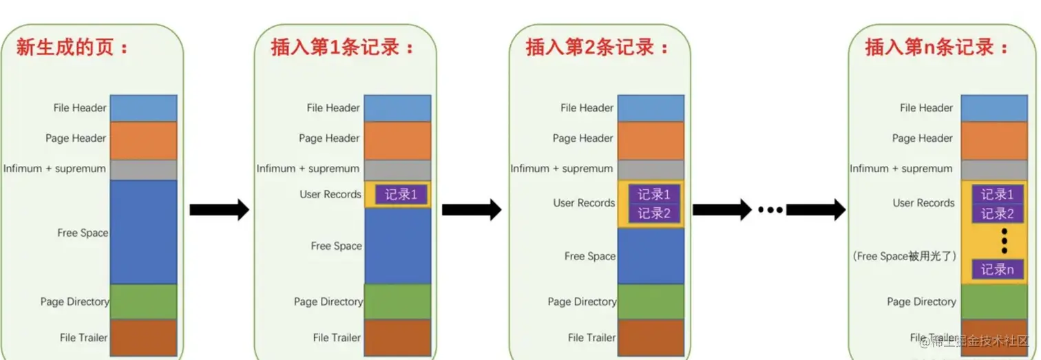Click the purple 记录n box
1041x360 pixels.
(x=998, y=269)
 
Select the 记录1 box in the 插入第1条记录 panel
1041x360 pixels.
(x=401, y=195)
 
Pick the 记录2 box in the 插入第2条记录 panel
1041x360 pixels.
(x=653, y=213)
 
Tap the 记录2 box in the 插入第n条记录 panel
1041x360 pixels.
(x=998, y=213)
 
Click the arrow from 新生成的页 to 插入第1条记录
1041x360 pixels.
(x=219, y=209)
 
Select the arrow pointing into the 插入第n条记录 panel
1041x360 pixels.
(x=816, y=209)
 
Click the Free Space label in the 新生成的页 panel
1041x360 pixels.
(x=83, y=233)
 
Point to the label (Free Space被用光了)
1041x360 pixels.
(x=904, y=256)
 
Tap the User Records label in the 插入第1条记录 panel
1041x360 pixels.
(x=330, y=194)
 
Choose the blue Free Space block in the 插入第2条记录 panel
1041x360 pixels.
(x=651, y=255)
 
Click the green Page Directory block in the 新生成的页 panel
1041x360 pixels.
(x=143, y=301)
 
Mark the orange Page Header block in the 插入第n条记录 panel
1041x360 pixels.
(x=993, y=140)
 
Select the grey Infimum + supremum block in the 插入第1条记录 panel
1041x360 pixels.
(x=397, y=170)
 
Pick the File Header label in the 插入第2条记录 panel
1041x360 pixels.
(x=587, y=108)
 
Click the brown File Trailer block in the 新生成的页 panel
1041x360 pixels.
(x=143, y=337)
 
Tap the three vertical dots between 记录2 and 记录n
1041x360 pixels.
(x=1004, y=240)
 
